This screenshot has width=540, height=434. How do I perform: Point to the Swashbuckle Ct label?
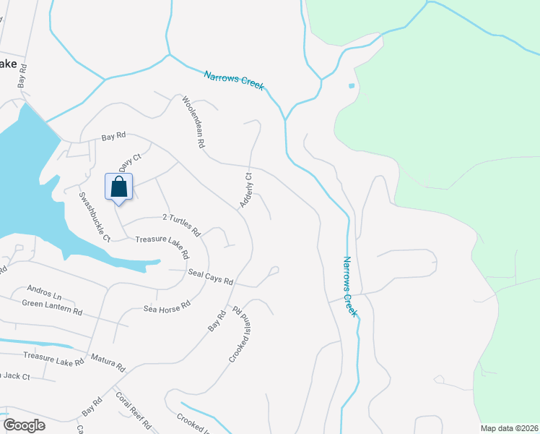(x=95, y=217)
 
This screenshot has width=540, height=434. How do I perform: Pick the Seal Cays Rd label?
(x=210, y=276)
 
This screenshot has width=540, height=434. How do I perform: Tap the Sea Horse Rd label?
(x=166, y=307)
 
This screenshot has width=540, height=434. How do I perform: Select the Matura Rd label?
(x=108, y=362)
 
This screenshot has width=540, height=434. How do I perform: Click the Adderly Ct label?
(x=246, y=190)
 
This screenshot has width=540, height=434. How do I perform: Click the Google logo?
(x=25, y=425)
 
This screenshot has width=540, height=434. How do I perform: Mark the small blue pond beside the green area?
(x=352, y=86)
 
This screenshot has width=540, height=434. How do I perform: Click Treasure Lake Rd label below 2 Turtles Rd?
(x=162, y=247)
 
